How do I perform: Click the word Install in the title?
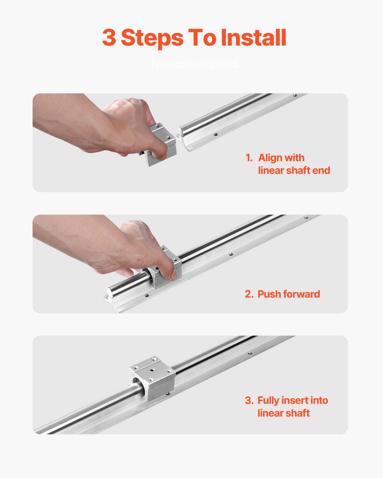[253, 38]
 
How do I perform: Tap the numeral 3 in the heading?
[109, 38]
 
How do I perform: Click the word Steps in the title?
[152, 38]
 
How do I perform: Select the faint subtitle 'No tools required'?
[194, 64]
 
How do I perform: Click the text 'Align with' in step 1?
[281, 158]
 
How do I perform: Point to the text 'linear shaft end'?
[294, 170]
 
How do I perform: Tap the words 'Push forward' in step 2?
[289, 294]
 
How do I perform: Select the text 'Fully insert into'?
[293, 400]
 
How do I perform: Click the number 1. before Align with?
[249, 158]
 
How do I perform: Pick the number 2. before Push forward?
[249, 294]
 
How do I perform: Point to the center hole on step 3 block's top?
[152, 371]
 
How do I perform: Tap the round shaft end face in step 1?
[181, 131]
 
